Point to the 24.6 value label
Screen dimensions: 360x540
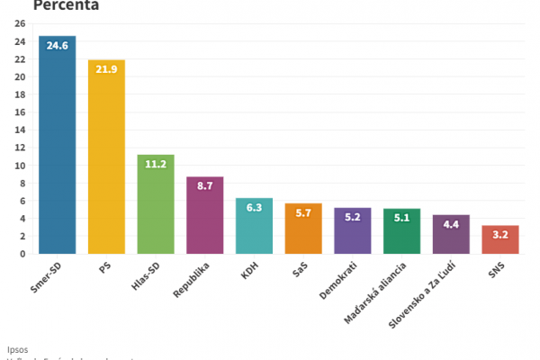(57, 46)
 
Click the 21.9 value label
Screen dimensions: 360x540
(106, 69)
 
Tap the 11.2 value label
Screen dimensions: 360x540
(156, 164)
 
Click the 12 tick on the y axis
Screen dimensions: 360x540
(20, 148)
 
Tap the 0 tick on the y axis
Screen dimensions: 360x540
(22, 254)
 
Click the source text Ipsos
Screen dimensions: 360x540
(18, 347)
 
